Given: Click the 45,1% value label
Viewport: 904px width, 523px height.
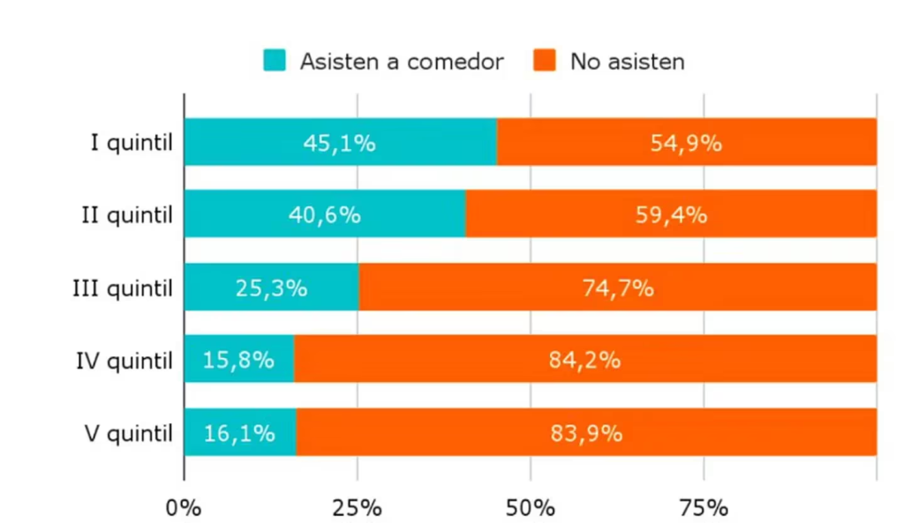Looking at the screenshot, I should pos(340,143).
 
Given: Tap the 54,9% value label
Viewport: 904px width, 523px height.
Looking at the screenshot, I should pos(686,143).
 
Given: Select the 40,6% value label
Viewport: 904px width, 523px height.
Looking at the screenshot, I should pos(325,215).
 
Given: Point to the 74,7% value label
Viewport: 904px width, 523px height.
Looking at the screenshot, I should pos(618,288).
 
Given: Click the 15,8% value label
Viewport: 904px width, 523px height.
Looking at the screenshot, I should pos(238,360).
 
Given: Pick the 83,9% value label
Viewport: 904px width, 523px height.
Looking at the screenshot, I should pos(587,433).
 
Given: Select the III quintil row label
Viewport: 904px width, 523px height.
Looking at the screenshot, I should pos(122,288).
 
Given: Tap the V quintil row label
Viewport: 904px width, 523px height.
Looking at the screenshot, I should pos(128,433).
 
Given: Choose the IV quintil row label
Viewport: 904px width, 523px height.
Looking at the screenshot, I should pos(124,360).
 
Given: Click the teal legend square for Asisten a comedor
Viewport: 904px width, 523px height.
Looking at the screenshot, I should pos(275,61).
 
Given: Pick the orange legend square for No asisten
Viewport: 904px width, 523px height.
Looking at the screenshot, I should pos(546,61).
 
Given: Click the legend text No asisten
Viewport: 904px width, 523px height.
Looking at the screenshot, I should pos(627,61).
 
